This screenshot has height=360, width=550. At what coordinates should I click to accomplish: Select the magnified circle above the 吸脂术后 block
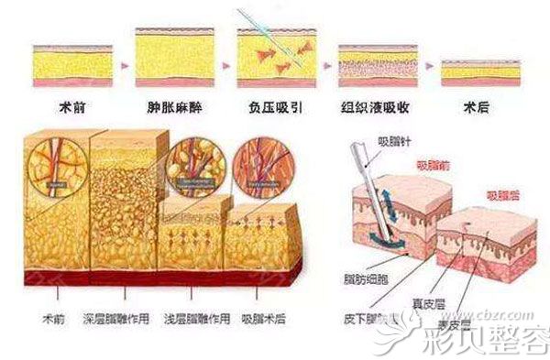click(260, 166)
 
